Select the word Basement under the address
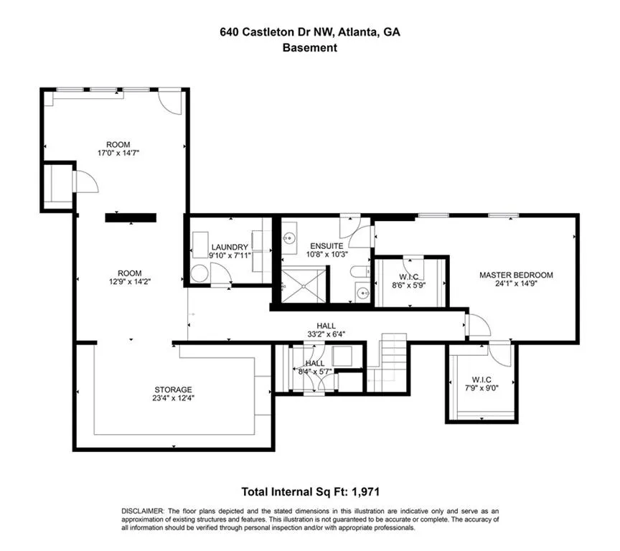click(x=309, y=48)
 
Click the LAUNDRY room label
click(x=230, y=251)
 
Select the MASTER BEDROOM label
click(x=516, y=279)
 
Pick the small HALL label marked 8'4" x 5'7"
click(x=315, y=368)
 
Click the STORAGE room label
click(x=172, y=394)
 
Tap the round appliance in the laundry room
click(x=199, y=273)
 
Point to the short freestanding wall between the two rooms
click(x=130, y=217)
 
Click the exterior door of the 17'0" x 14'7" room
click(x=171, y=101)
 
